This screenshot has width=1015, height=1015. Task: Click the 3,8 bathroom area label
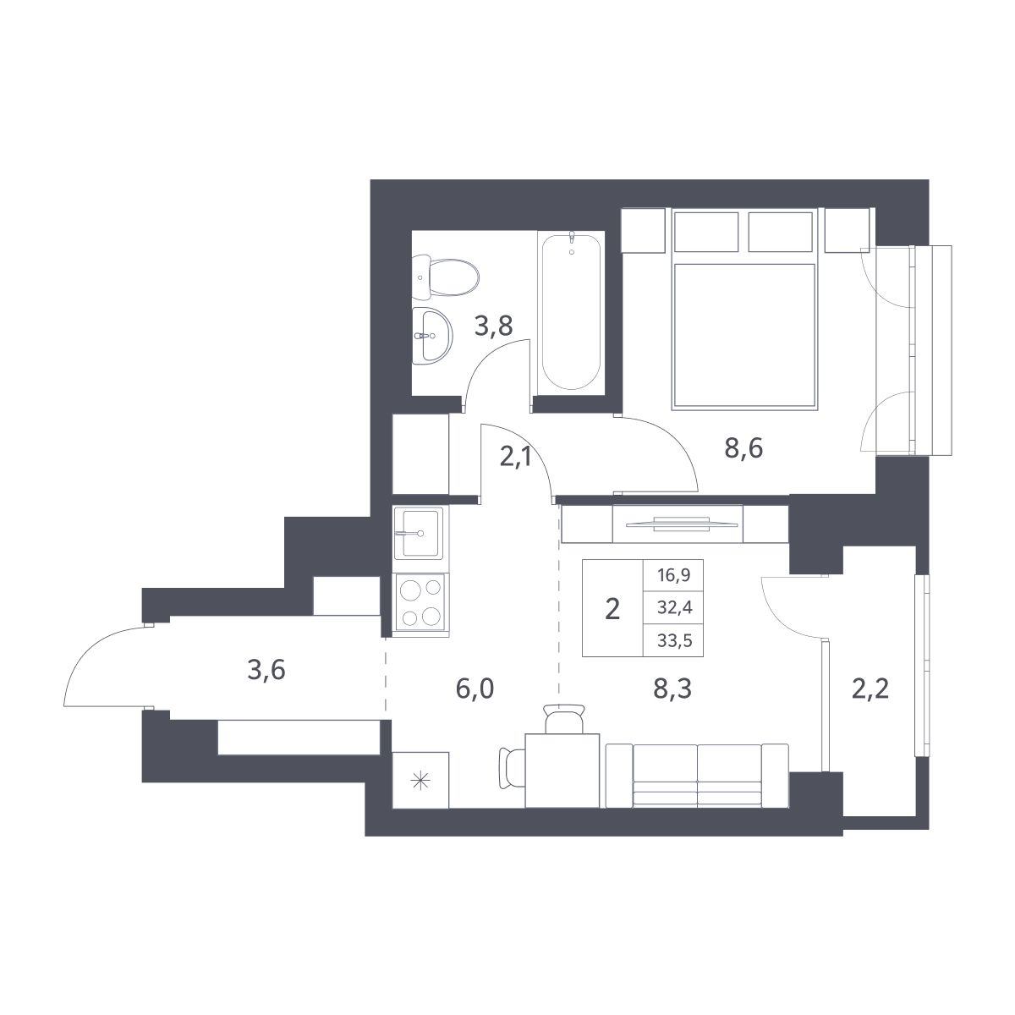click(x=493, y=325)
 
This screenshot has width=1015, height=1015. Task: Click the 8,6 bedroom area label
click(x=743, y=447)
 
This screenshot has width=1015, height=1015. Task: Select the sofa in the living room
click(x=698, y=774)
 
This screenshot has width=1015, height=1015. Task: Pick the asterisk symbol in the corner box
click(x=420, y=782)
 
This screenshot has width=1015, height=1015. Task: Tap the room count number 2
click(x=613, y=608)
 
